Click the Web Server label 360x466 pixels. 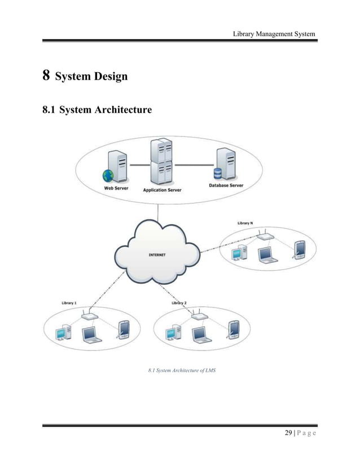click(115, 189)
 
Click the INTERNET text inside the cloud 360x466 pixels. click(156, 255)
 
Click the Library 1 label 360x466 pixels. click(69, 303)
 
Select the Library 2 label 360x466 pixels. click(179, 303)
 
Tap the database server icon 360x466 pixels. click(224, 164)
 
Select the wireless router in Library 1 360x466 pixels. click(89, 316)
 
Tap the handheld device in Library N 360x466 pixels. click(299, 249)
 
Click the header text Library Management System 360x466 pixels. click(274, 34)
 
